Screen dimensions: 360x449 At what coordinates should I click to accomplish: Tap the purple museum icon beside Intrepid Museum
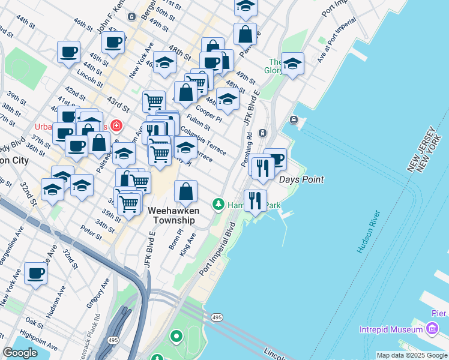click(431, 329)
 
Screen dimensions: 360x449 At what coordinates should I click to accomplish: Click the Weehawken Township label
click(171, 215)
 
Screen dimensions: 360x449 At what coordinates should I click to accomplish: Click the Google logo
click(20, 353)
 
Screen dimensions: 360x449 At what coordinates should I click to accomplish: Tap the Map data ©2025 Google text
click(412, 355)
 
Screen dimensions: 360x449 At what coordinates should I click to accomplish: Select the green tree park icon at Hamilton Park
click(218, 205)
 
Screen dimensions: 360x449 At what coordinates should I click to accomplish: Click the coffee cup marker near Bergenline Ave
click(35, 274)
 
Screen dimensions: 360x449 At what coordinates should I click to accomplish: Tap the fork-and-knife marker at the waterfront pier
click(255, 200)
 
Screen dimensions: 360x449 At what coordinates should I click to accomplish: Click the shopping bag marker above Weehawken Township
click(186, 191)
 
